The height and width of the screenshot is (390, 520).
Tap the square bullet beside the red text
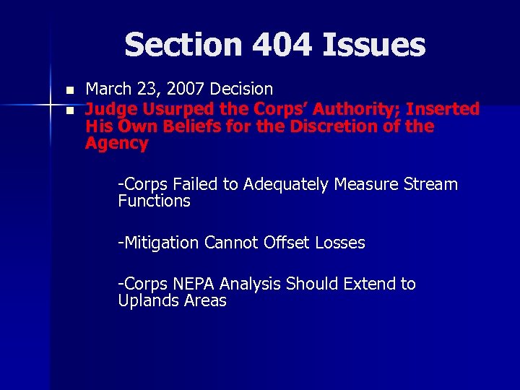point(69,110)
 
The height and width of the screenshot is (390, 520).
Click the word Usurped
point(180,109)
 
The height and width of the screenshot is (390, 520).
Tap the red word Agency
point(116,144)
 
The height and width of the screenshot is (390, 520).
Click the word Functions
point(154,201)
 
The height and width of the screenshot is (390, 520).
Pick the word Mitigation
point(162,243)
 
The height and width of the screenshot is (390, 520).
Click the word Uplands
point(147,301)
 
